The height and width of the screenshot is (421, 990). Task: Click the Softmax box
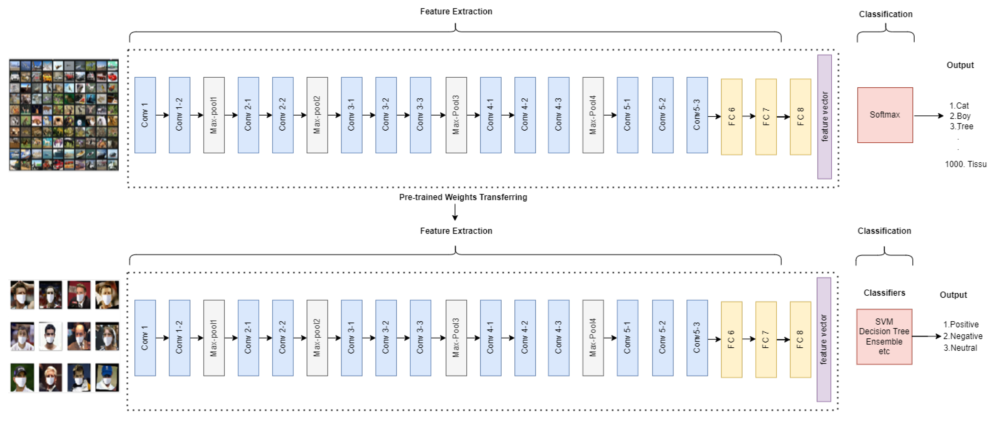885,115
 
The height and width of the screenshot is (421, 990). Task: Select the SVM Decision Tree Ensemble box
884,336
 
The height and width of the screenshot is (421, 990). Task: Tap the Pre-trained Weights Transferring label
463,197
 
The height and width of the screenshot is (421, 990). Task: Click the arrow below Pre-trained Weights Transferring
455,212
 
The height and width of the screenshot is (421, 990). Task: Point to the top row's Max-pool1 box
214,115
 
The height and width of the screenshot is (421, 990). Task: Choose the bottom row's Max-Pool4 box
593,338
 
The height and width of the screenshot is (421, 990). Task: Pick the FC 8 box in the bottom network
800,340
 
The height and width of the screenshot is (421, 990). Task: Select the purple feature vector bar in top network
824,117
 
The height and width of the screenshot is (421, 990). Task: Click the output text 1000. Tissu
965,164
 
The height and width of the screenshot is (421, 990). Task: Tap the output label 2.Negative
962,336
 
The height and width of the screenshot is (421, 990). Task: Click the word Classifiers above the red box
884,293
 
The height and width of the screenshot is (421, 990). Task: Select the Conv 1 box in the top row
145,115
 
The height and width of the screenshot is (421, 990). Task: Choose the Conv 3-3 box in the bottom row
420,338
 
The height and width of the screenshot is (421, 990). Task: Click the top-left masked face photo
22,295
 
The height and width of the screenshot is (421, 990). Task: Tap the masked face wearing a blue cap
107,378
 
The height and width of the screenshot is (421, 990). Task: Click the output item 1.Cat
959,106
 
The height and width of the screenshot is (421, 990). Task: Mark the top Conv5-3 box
697,115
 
